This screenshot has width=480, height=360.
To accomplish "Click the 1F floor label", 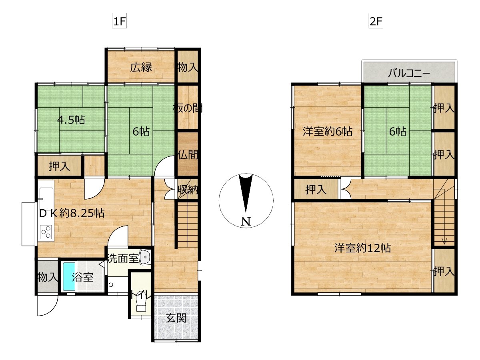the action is (x=119, y=21).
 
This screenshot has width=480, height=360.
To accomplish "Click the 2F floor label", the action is (x=376, y=21).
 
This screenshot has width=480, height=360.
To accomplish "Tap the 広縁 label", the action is (x=141, y=67).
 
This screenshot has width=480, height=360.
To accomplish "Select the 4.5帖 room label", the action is (x=71, y=120).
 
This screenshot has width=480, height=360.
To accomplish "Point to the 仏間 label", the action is (x=188, y=155).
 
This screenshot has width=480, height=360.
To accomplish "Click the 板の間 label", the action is (x=188, y=108).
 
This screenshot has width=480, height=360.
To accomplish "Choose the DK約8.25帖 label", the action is (x=72, y=213).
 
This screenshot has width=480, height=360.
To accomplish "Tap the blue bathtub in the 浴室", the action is (x=69, y=277).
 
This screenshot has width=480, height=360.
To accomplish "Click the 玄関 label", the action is (x=176, y=318).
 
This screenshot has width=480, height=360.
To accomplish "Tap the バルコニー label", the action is (x=409, y=73).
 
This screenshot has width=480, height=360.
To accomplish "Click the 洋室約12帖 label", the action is (x=362, y=248).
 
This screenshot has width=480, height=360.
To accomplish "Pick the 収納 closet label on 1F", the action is (x=188, y=190).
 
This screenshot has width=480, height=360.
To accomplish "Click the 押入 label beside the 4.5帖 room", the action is (x=59, y=166).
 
